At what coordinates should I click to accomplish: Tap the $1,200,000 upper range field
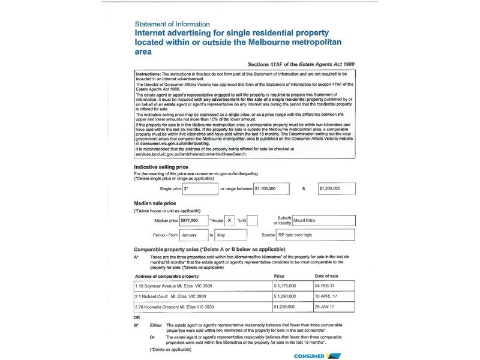pos(337,188)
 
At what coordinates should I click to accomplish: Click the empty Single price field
pos(200,188)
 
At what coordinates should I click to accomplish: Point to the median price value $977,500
pos(193,220)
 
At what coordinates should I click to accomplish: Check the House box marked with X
pos(229,220)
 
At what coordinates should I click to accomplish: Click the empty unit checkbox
pos(252,220)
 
